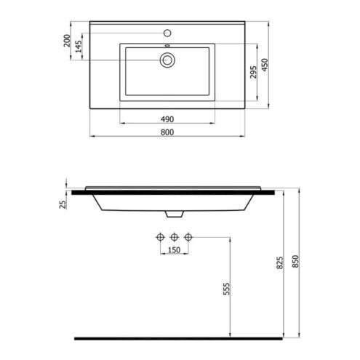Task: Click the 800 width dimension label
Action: pos(167,132)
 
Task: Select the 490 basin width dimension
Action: pos(167,119)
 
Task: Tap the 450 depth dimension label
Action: pos(265,65)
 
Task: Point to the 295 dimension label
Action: pos(253,72)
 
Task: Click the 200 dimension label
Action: pos(67,41)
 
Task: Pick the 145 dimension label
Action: pos(79,47)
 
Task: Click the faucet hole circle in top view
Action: pos(167,33)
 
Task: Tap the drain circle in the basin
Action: pos(167,60)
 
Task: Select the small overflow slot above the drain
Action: pos(167,45)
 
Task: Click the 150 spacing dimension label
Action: pos(174,249)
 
